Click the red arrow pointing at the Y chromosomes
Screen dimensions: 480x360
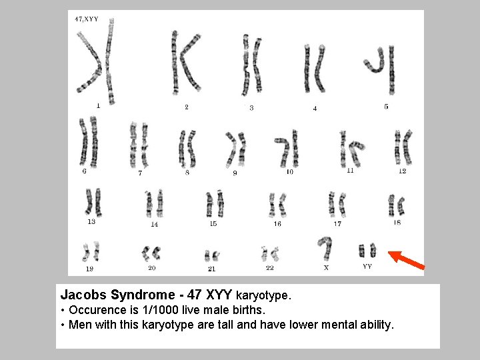click(x=405, y=261)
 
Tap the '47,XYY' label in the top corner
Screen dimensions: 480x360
click(x=87, y=19)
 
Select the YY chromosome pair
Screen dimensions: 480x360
click(x=367, y=251)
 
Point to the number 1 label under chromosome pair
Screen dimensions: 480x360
click(x=99, y=105)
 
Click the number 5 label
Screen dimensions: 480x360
click(x=386, y=106)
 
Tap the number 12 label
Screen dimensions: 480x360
click(x=402, y=171)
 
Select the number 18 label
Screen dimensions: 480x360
click(x=397, y=223)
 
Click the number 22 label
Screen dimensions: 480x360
click(x=269, y=267)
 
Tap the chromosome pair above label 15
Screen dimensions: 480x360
click(x=215, y=203)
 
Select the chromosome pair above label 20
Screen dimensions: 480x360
click(x=151, y=253)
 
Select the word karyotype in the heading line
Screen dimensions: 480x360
click(x=263, y=294)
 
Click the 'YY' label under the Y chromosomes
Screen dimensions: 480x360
click(x=367, y=266)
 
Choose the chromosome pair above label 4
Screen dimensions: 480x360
click(x=314, y=68)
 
